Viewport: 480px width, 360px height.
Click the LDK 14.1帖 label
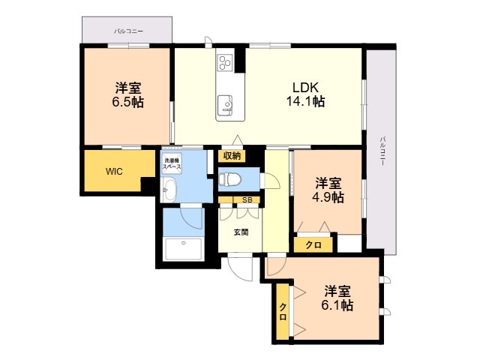(305, 94)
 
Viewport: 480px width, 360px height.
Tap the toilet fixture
(229, 179)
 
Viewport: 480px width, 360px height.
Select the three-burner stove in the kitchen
(225, 63)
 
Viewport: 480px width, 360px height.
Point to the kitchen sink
(225, 106)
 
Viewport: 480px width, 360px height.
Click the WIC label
(114, 172)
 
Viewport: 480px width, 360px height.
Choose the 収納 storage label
(232, 156)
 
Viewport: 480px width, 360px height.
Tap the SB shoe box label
(247, 200)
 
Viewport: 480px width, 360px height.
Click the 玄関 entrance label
(241, 232)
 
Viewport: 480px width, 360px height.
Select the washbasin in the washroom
(169, 190)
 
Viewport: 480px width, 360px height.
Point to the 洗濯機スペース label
(172, 163)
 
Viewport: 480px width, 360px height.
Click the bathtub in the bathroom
(183, 249)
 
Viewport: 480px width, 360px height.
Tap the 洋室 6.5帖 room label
(128, 95)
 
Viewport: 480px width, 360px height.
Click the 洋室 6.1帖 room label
(337, 298)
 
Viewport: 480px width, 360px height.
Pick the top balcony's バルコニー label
(128, 31)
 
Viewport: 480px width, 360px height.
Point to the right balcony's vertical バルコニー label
(382, 151)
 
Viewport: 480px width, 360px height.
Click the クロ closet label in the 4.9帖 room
(313, 245)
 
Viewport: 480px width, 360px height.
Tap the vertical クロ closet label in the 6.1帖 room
(283, 312)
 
